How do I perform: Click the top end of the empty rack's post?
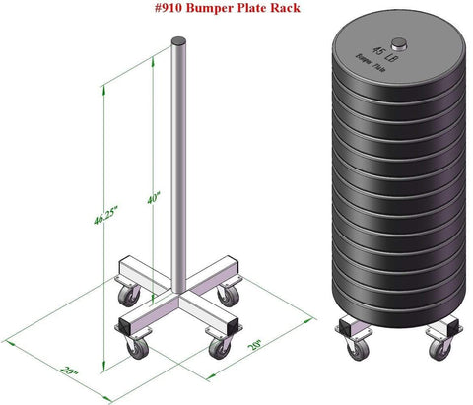[x=178, y=42]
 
